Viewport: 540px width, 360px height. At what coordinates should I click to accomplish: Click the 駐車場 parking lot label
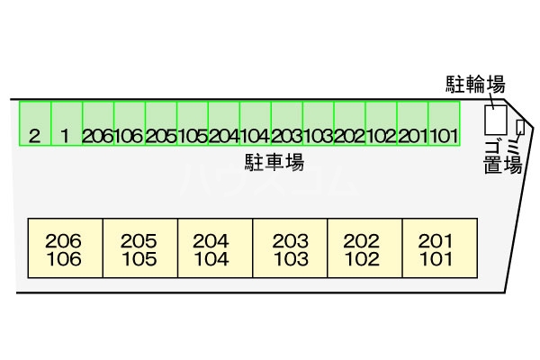click(x=273, y=162)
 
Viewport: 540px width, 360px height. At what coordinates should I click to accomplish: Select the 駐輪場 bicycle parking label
click(x=475, y=85)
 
